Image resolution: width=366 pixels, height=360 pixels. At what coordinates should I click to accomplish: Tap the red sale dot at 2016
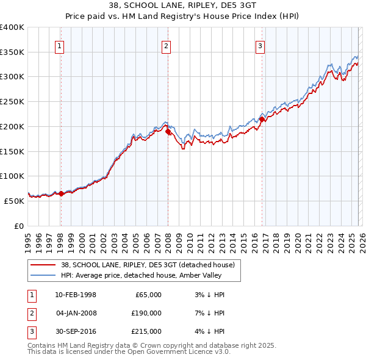tap(262, 119)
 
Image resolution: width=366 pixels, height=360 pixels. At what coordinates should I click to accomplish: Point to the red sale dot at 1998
tap(61, 193)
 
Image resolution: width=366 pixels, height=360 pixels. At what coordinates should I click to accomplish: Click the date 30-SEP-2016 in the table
tap(75, 331)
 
